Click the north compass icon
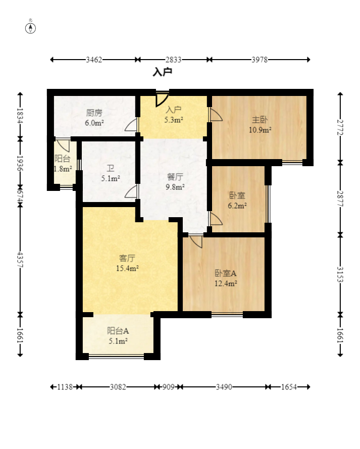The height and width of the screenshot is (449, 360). (31, 28)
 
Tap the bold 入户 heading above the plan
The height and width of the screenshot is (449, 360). (162, 72)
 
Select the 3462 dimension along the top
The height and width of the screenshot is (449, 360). (94, 60)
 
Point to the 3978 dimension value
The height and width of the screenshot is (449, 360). (260, 60)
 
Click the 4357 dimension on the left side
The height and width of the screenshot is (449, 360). (20, 260)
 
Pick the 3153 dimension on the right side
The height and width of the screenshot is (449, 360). (340, 274)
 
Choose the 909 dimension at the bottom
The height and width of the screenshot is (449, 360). (169, 387)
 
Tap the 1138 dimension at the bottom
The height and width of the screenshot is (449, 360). (65, 387)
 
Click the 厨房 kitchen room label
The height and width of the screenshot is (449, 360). (94, 113)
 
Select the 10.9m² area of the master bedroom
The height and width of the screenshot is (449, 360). (260, 130)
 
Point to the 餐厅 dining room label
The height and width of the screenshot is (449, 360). (175, 177)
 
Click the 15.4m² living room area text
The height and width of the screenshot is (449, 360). (127, 268)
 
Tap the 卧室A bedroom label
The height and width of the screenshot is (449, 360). (226, 273)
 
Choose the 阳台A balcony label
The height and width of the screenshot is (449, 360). (118, 331)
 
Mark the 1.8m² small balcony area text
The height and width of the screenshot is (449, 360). (63, 169)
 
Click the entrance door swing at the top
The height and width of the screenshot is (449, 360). (162, 99)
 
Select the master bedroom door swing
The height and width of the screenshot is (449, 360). (216, 115)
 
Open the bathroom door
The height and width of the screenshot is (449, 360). (131, 191)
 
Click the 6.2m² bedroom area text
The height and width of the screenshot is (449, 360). (237, 206)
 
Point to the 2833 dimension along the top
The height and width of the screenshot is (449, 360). (173, 60)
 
